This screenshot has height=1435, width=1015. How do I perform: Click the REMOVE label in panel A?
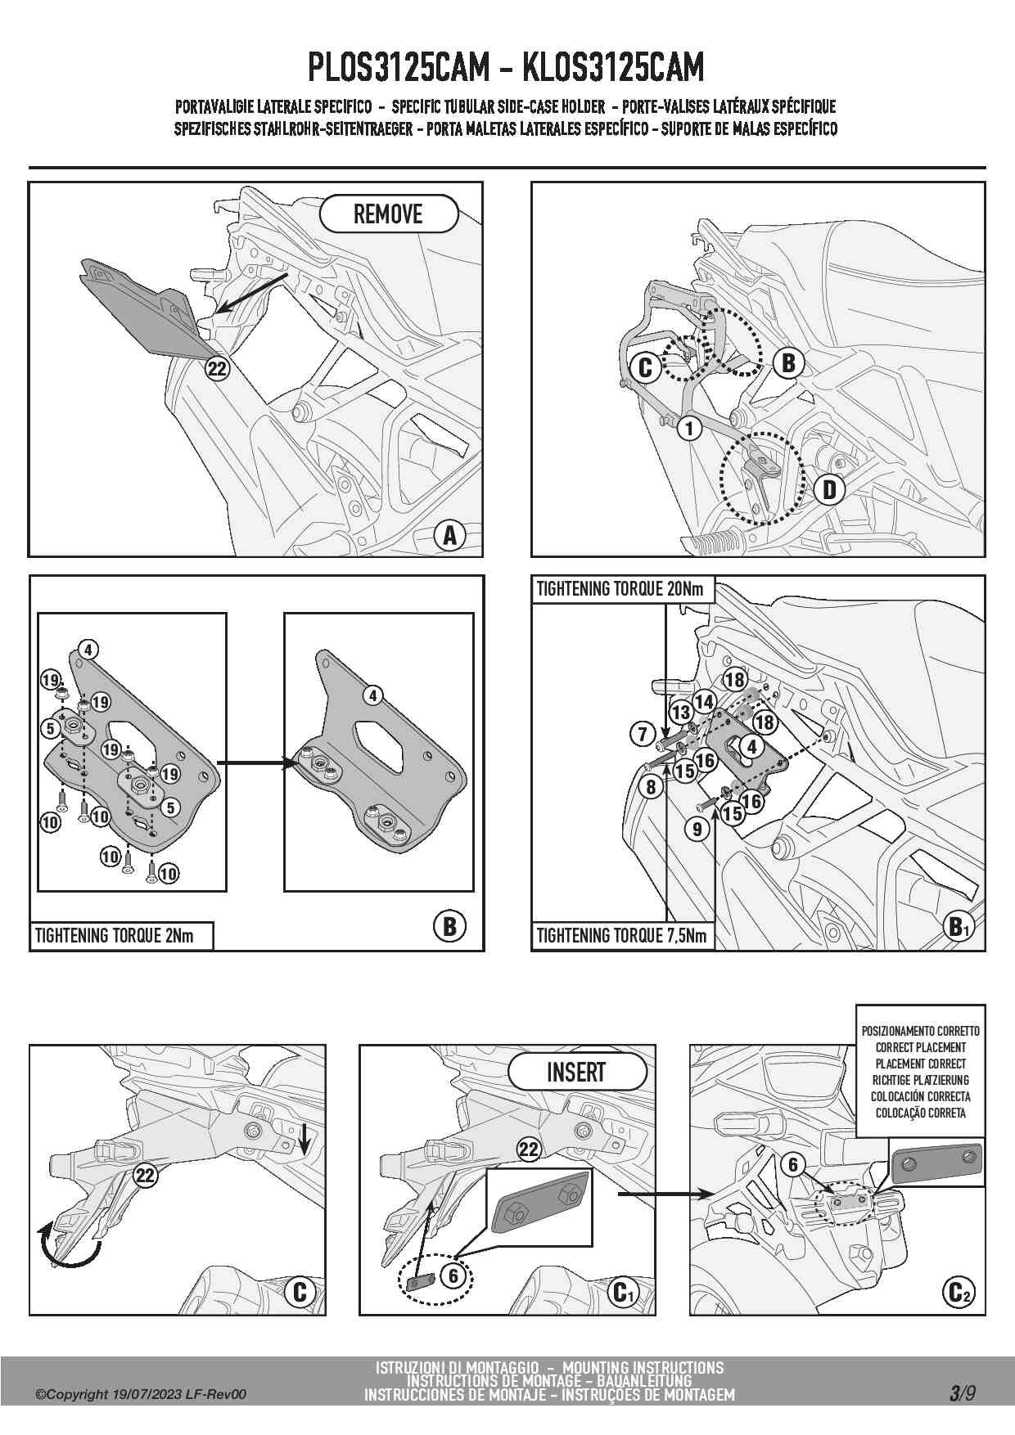point(388,214)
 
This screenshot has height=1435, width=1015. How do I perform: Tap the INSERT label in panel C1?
point(576,1072)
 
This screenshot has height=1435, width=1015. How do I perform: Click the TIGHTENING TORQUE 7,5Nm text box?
point(622,936)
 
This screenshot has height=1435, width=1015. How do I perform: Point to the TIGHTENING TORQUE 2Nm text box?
point(121,936)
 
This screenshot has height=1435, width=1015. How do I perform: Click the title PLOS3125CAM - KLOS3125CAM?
point(506,67)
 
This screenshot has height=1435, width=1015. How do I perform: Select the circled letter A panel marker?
point(449,536)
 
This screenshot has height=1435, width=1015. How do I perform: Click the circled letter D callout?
point(829,490)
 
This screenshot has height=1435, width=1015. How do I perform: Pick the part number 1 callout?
point(689,428)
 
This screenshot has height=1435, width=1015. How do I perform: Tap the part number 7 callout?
point(642,734)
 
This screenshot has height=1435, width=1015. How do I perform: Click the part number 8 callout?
point(651,788)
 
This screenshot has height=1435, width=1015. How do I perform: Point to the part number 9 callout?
point(697,830)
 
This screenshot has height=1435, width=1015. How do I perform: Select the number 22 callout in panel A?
point(216,369)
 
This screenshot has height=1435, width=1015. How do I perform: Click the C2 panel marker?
point(958,1293)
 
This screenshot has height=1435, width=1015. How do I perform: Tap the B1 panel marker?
point(958,928)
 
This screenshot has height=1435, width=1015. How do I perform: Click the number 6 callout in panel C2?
point(793,1164)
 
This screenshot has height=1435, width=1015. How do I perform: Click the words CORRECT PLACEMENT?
point(920,1047)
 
